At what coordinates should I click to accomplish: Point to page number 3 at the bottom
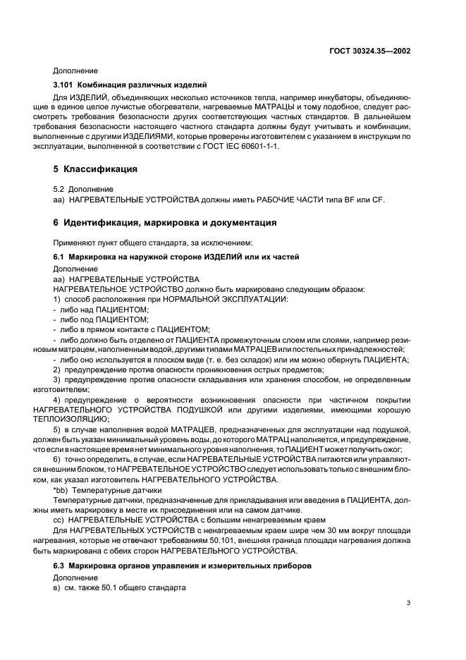tap(409, 602)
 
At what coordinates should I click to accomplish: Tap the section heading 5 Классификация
tap(94, 169)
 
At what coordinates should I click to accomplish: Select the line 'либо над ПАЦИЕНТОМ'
tap(101, 309)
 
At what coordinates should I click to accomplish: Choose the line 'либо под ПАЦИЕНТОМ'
tap(101, 319)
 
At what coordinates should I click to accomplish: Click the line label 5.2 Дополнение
tap(83, 189)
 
